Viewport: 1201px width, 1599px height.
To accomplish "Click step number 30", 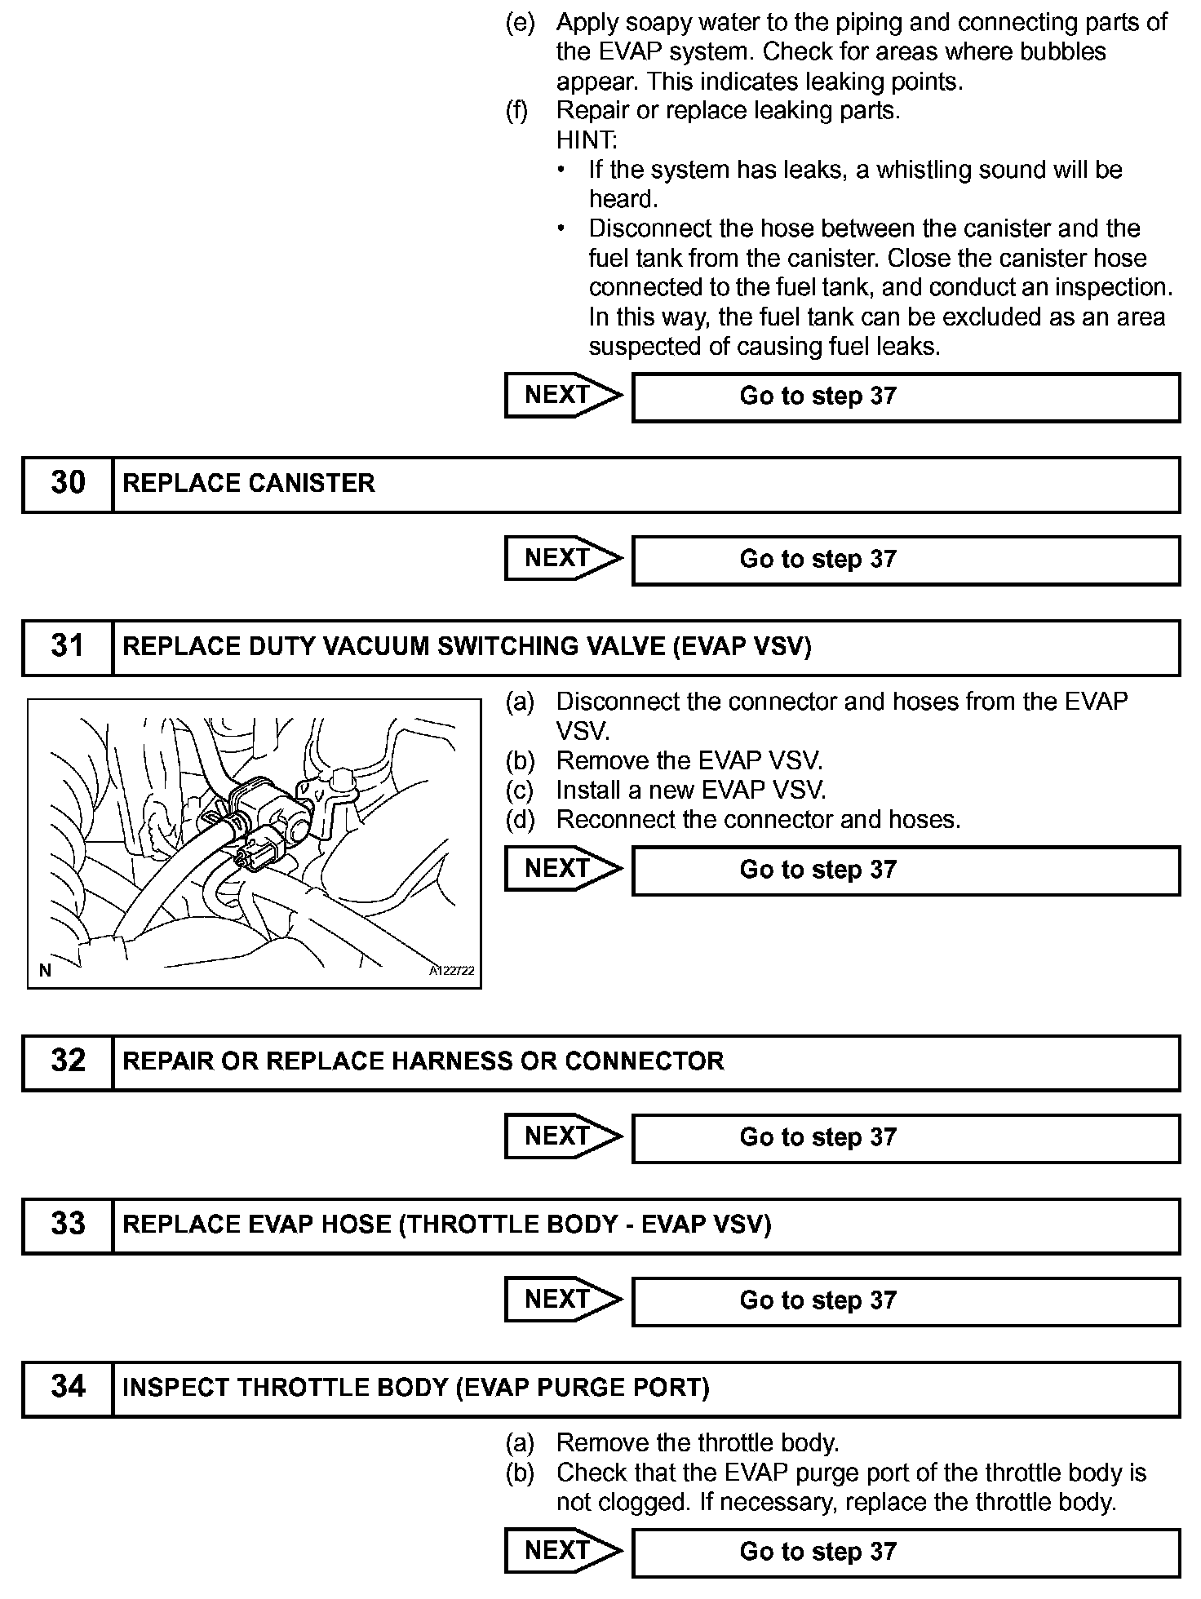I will point(68,483).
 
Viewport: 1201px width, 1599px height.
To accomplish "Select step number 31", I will point(68,646).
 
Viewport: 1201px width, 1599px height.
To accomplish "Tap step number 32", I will point(68,1061).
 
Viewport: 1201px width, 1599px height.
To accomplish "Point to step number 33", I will point(68,1224).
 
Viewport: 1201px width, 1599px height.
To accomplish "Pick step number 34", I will point(68,1387).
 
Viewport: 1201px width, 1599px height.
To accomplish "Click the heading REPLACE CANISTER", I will point(249,483).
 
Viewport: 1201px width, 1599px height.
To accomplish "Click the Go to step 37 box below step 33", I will point(906,1300).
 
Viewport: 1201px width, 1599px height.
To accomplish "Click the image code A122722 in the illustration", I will point(452,971).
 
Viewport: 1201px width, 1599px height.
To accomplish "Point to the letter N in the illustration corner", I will point(45,970).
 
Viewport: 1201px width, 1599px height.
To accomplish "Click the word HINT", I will point(587,140).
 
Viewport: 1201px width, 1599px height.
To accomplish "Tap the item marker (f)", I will point(517,111).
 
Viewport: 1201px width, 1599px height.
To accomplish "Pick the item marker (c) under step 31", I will point(520,790).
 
